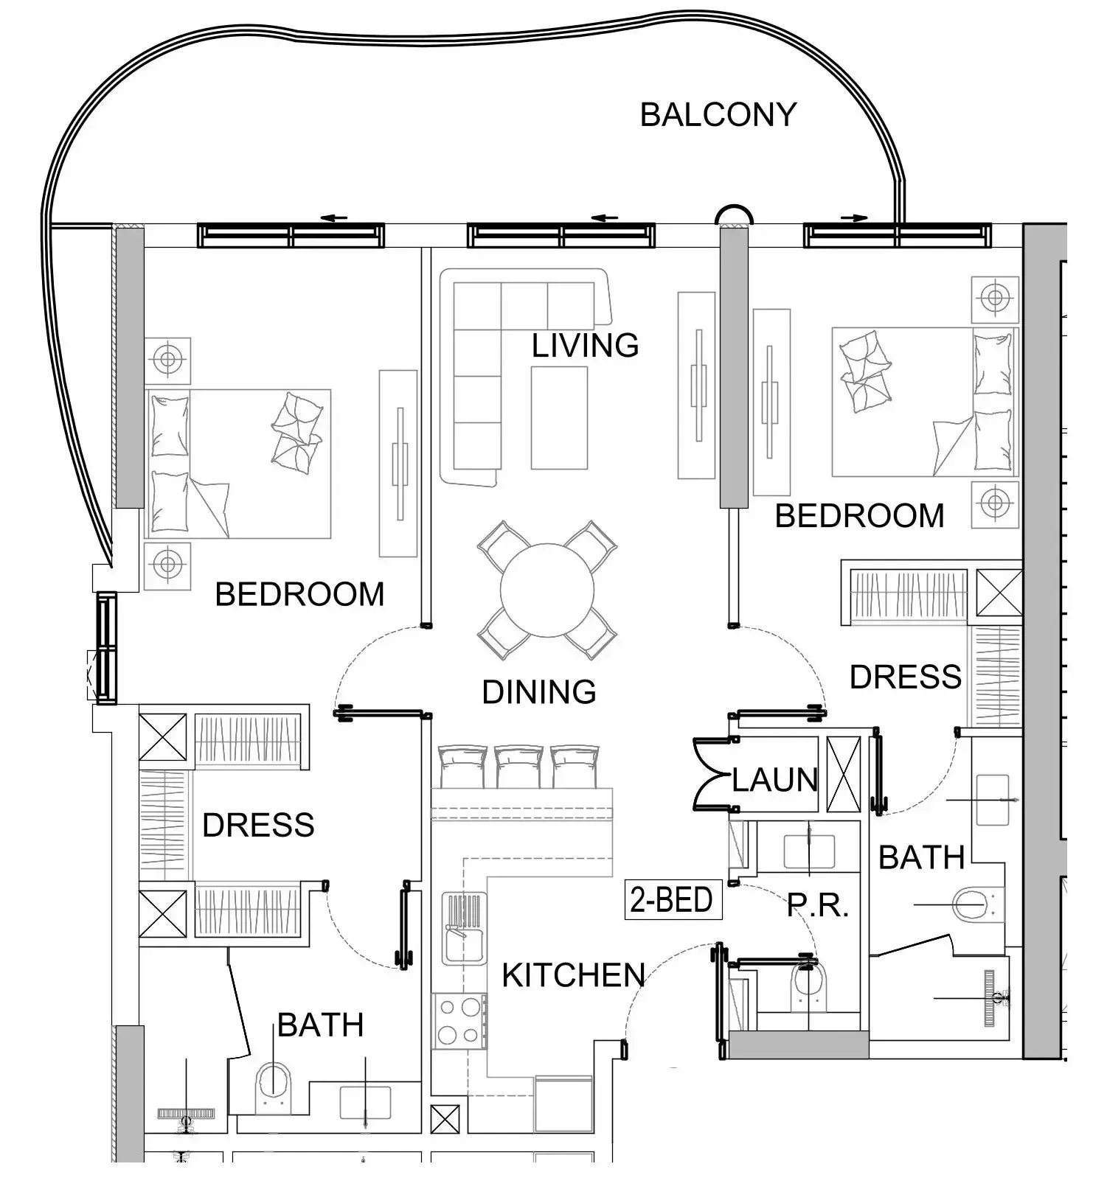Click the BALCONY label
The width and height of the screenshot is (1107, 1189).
[718, 114]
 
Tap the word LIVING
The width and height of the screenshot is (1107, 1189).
[585, 345]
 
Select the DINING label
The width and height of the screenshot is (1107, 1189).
[539, 691]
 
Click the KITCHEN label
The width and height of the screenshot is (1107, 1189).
[573, 975]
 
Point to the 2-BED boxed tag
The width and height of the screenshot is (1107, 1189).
[672, 899]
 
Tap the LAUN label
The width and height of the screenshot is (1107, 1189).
[774, 779]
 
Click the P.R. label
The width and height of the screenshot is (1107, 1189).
[818, 905]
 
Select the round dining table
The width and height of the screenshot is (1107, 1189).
[547, 590]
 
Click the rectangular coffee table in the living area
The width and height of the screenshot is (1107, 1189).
[559, 418]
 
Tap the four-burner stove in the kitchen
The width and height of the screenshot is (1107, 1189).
[459, 1020]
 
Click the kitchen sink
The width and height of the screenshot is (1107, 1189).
[464, 927]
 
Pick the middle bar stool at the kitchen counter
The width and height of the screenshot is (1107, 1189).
[518, 767]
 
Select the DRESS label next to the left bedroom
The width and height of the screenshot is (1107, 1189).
[258, 825]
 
